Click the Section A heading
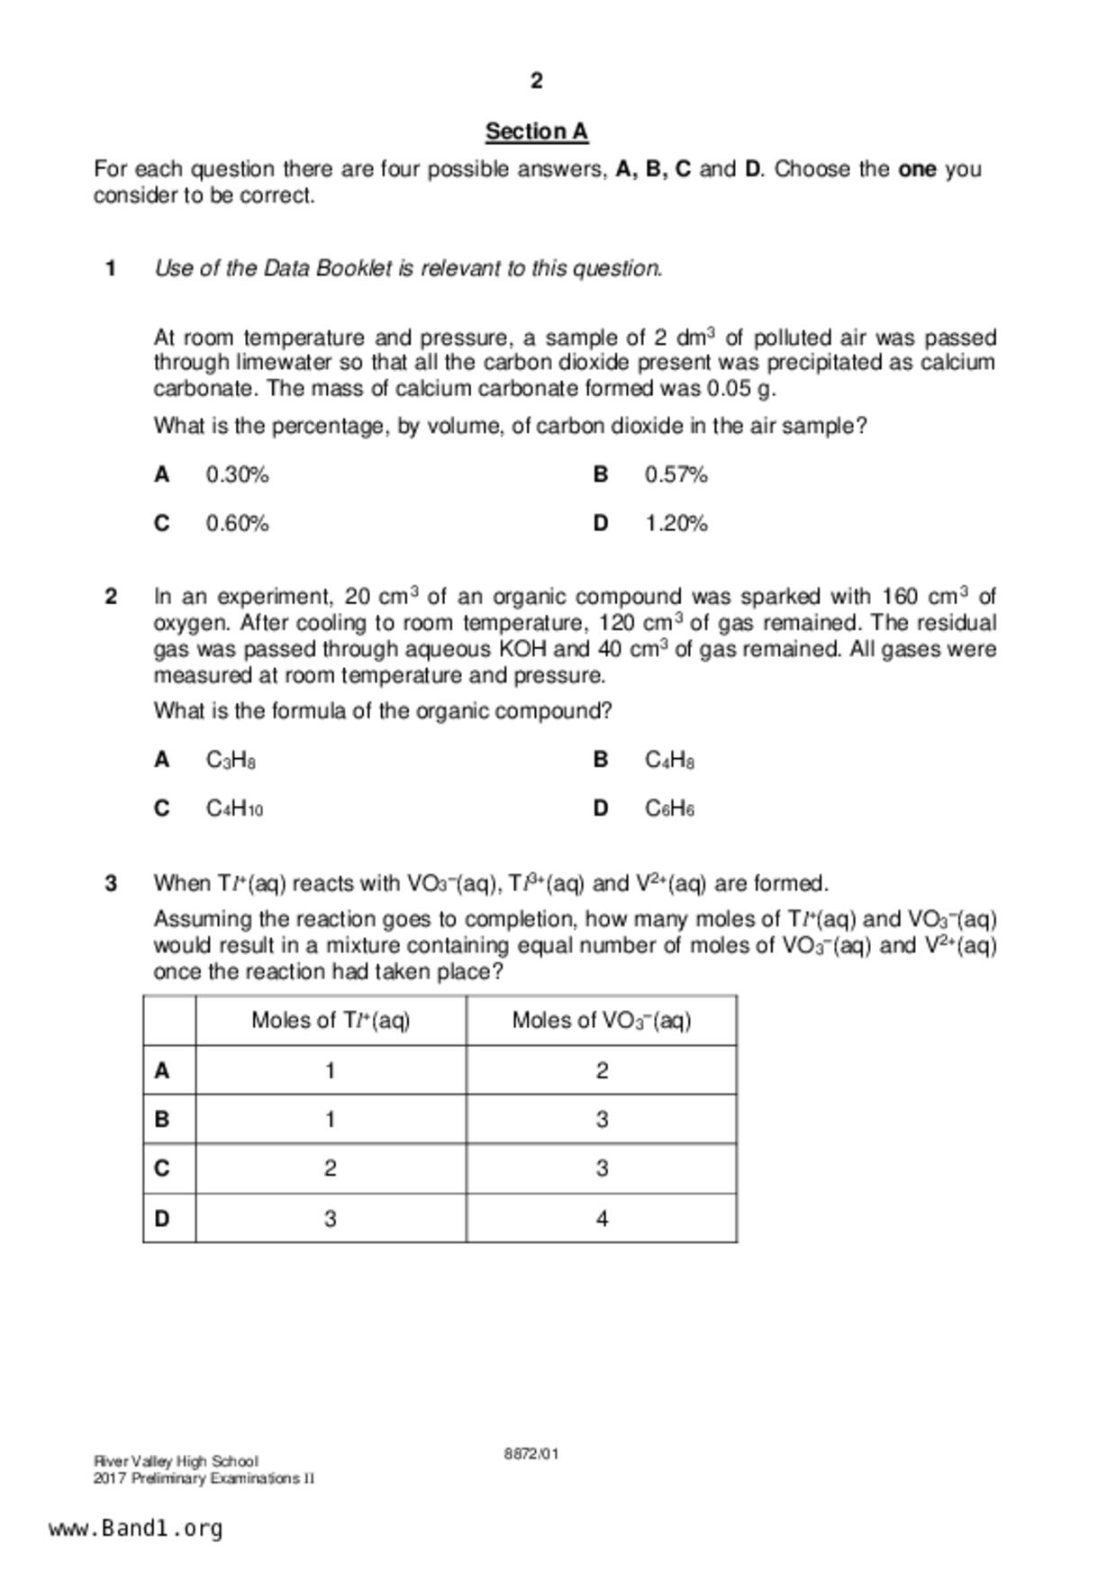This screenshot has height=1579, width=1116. click(x=536, y=131)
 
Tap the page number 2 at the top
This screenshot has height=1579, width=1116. click(x=537, y=81)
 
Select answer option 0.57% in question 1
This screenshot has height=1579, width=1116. click(x=676, y=474)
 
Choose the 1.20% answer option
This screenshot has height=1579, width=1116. click(x=676, y=523)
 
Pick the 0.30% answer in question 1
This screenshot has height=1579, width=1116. click(x=237, y=474)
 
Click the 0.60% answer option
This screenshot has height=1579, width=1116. click(x=237, y=523)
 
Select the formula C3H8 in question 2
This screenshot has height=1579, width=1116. click(x=231, y=761)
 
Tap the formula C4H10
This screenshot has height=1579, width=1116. click(x=234, y=808)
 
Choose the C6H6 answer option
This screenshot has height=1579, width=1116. click(x=669, y=808)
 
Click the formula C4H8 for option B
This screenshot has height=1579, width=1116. click(x=669, y=761)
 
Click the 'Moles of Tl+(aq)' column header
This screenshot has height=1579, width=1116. click(x=331, y=1020)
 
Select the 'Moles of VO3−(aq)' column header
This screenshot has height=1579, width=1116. click(x=602, y=1020)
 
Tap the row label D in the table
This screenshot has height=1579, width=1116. click(x=162, y=1218)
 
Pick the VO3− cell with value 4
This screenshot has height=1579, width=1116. click(x=602, y=1218)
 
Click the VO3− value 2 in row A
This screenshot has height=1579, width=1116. click(x=602, y=1070)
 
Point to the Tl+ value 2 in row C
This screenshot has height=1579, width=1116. click(x=331, y=1168)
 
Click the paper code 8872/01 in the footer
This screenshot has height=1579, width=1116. click(x=531, y=1454)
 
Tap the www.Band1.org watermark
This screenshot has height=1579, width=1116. click(x=136, y=1529)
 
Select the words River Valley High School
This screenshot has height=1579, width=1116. click(x=176, y=1461)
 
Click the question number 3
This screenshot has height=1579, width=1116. click(x=111, y=883)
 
